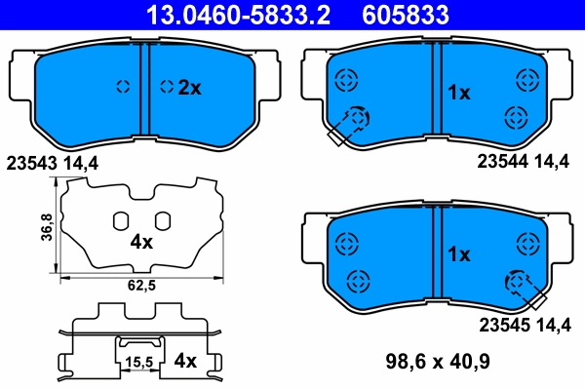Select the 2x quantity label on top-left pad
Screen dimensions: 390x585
click(x=188, y=87)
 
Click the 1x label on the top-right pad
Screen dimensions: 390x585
click(x=458, y=93)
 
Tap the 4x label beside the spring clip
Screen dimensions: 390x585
click(x=185, y=361)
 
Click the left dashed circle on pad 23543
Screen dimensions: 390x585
click(x=123, y=87)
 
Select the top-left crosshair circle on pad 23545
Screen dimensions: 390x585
click(x=343, y=241)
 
